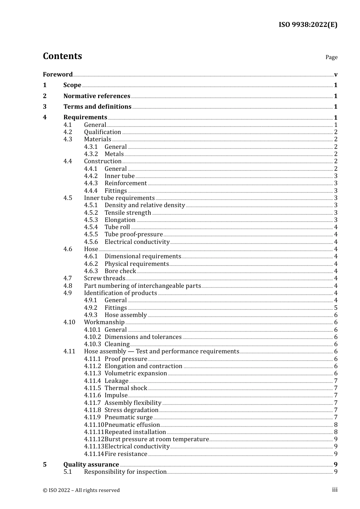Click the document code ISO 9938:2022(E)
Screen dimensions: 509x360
[308, 25]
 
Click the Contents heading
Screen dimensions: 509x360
[62, 56]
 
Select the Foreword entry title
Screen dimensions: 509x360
[58, 75]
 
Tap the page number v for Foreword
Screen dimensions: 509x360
[336, 75]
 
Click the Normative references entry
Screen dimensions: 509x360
[97, 96]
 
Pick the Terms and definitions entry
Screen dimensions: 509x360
[97, 107]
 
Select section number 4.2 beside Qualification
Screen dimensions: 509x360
[67, 132]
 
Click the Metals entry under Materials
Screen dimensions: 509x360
[114, 154]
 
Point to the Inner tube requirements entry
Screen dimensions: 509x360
[119, 198]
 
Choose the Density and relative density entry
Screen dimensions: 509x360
[145, 205]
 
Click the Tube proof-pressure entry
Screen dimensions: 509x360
[134, 234]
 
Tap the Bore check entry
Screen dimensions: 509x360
[120, 271]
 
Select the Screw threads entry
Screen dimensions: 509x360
[104, 278]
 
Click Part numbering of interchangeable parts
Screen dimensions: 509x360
[142, 286]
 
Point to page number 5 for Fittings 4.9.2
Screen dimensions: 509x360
[336, 308]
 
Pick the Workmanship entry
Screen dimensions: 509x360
[104, 322]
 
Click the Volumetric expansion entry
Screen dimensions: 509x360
[136, 373]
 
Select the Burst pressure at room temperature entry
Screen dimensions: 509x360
[157, 439]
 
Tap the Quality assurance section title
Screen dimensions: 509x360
[91, 465]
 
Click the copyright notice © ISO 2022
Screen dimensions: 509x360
[81, 490]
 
